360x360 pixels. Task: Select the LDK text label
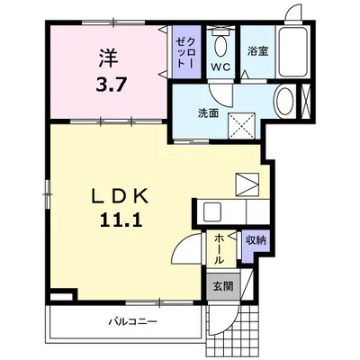pos(120,197)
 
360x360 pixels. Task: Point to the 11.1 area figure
pos(119,221)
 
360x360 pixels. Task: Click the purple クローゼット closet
pos(186,52)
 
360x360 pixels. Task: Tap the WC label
pos(220,67)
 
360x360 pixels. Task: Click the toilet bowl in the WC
pos(221,46)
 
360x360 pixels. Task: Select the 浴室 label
pos(257,51)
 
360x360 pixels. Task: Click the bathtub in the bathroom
pos(292,52)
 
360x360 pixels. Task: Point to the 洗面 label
pos(208,113)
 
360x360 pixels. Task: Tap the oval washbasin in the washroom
pos(285,101)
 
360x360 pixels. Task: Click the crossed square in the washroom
pos(241,126)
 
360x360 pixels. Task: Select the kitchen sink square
pos(212,211)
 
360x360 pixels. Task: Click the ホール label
pos(219,249)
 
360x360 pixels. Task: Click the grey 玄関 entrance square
pos(223,286)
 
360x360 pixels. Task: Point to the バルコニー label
pos(132,322)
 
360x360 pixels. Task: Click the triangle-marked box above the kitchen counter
pos(247,184)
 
